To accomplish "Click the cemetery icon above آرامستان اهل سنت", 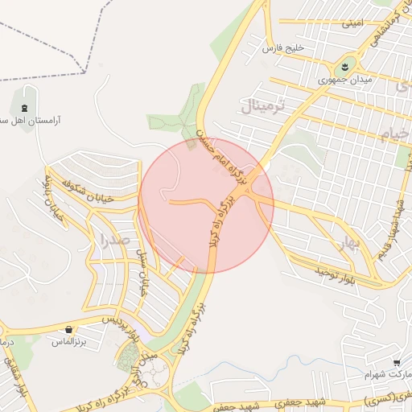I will click(x=25, y=108).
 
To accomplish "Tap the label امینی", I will click(x=356, y=24).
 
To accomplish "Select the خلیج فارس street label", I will click(x=284, y=48).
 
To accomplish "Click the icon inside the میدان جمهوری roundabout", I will click(x=344, y=64).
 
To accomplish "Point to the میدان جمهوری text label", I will click(x=342, y=80).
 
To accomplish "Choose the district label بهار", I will click(x=348, y=245).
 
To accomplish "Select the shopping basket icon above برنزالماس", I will click(x=70, y=329).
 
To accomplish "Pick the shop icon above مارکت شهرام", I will click(x=396, y=363).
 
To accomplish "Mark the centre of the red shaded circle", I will click(x=207, y=206).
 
